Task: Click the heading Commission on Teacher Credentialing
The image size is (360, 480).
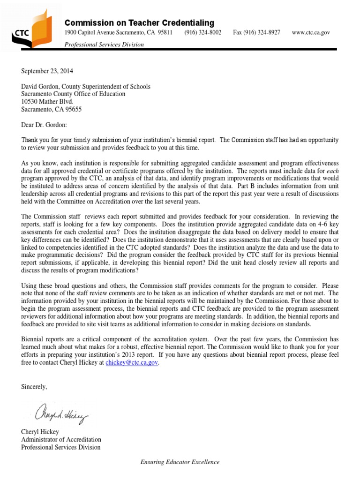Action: pos(139,23)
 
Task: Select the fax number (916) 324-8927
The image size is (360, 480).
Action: pos(256,32)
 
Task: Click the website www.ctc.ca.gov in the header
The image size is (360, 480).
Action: pos(311,32)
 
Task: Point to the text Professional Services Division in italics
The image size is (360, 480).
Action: pos(104,45)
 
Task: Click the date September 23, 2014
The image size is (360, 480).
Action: pos(47,71)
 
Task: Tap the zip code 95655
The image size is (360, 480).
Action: pos(72,109)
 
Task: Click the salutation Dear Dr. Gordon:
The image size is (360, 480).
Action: pos(44,125)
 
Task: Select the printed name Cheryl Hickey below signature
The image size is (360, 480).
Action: pos(40,432)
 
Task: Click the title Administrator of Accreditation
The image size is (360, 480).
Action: pos(61,439)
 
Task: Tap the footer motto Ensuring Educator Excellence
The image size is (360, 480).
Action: pos(180,462)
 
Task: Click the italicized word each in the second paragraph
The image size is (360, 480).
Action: pos(332,171)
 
